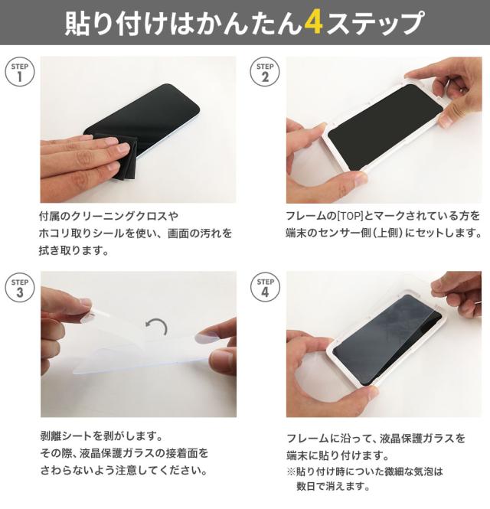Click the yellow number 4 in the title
click(x=313, y=24)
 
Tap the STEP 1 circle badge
click(x=20, y=72)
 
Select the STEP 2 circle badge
click(x=265, y=72)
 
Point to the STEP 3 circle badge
click(x=20, y=288)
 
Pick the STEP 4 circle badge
click(x=265, y=288)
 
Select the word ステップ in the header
click(x=374, y=24)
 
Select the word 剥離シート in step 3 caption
click(x=67, y=436)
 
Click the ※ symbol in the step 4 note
click(x=291, y=471)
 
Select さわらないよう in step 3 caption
click(x=77, y=471)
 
